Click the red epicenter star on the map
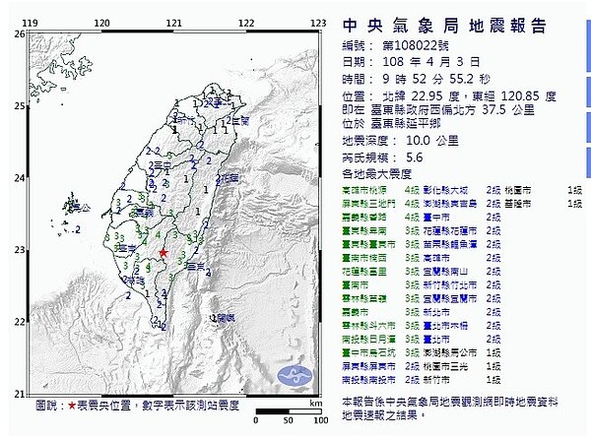click(164, 254)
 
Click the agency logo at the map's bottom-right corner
click(295, 374)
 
